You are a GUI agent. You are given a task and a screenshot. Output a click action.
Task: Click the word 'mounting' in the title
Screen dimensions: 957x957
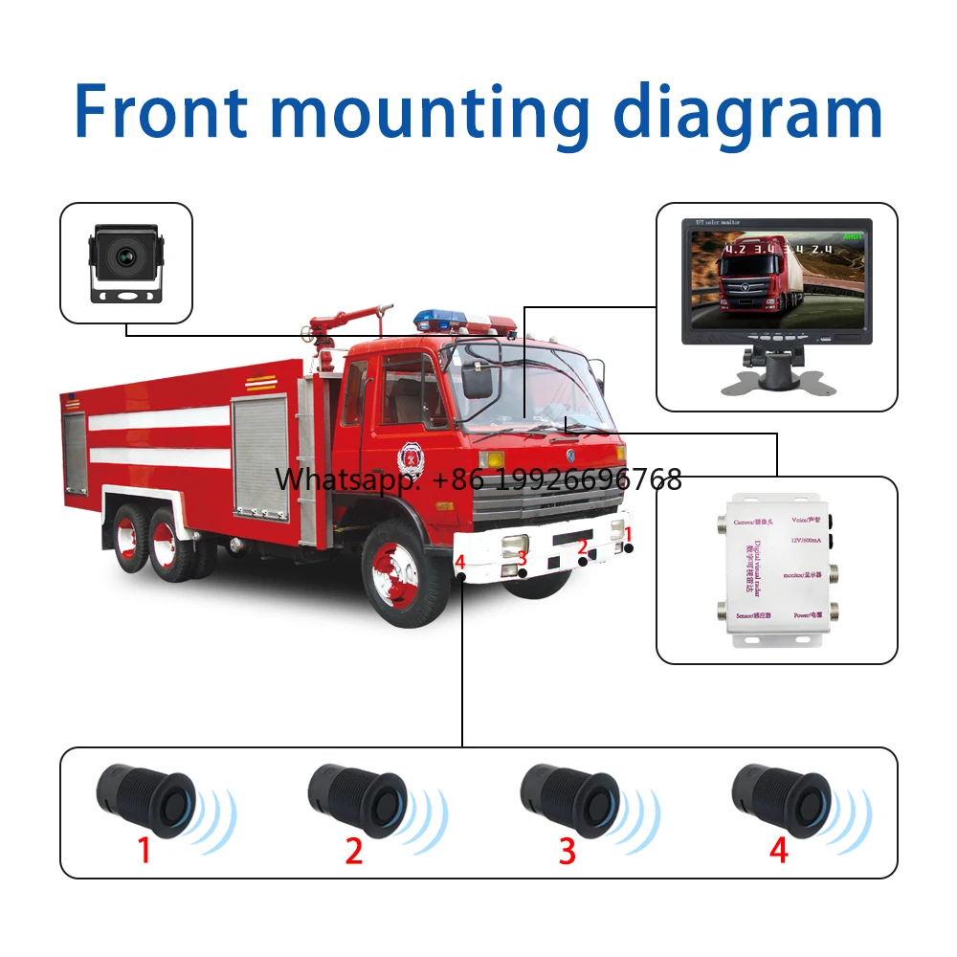click(x=433, y=113)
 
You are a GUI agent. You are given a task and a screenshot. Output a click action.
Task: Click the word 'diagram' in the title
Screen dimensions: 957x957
click(x=747, y=113)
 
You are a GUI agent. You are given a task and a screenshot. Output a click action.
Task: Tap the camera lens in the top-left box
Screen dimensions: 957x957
click(x=124, y=255)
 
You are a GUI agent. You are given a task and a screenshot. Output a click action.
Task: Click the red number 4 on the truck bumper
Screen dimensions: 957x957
click(x=460, y=562)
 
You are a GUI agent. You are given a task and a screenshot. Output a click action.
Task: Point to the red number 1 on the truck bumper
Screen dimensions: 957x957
click(x=629, y=534)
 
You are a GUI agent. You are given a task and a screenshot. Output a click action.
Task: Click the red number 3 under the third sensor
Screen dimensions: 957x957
click(x=568, y=851)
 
